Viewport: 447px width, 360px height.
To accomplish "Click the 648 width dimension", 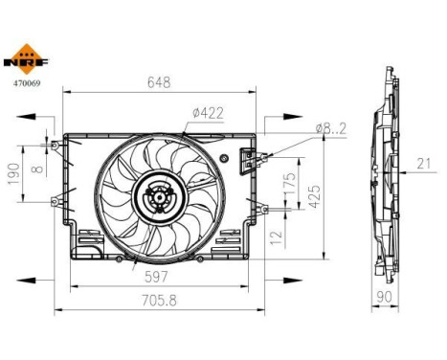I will (x=160, y=82).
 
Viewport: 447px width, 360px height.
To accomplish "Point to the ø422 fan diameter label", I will (x=207, y=113).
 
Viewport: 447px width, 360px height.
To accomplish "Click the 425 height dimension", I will (x=327, y=195).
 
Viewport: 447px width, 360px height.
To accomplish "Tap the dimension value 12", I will (x=276, y=236).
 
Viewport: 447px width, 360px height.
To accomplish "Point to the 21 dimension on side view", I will (x=423, y=164).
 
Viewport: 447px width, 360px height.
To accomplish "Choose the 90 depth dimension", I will (x=386, y=297).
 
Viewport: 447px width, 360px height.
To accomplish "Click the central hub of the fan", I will (x=156, y=200).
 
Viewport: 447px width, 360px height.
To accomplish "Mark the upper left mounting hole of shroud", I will (x=56, y=146).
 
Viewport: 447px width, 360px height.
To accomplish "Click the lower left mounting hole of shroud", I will (x=56, y=201).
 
